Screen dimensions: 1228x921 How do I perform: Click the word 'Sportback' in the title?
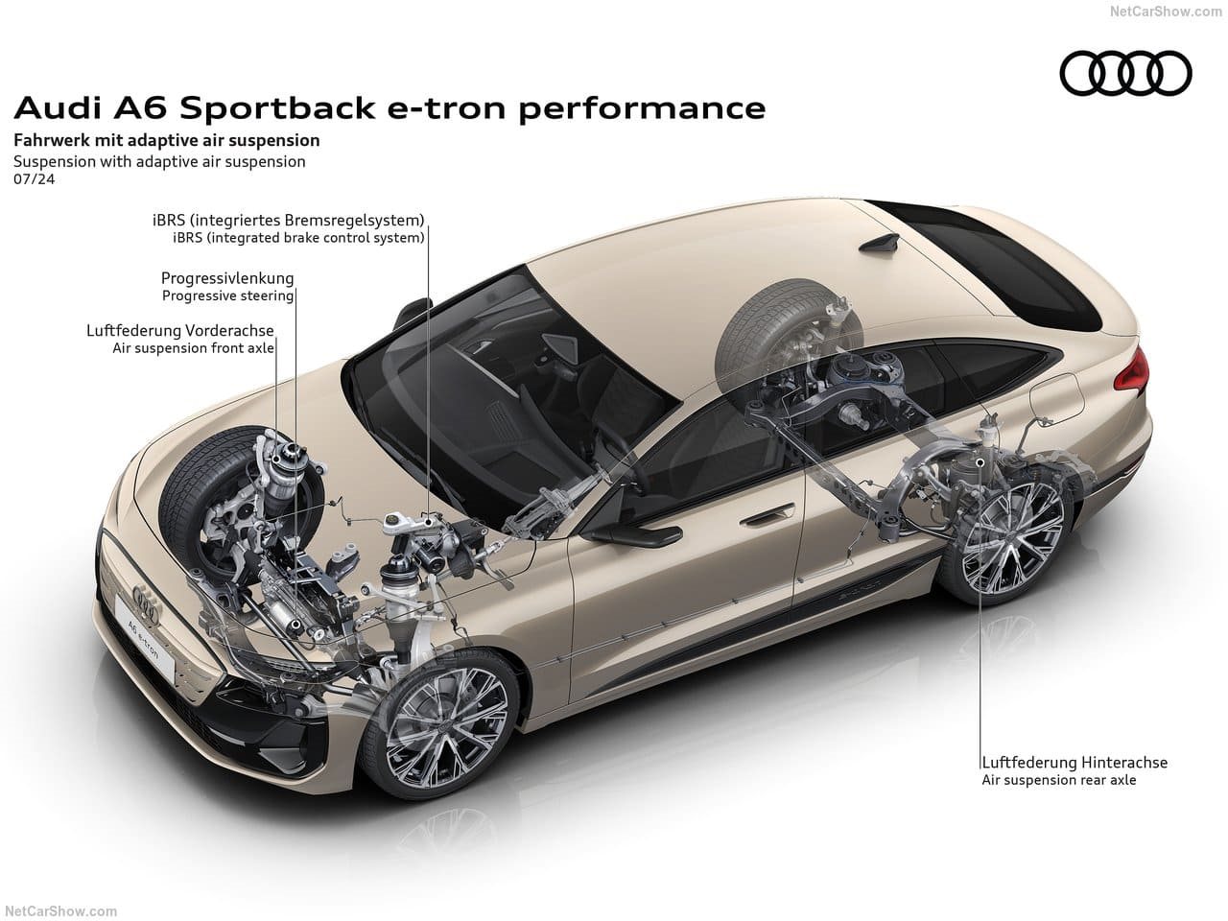point(277,107)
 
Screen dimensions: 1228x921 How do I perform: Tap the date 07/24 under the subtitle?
point(35,179)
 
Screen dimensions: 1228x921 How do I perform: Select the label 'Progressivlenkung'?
point(227,278)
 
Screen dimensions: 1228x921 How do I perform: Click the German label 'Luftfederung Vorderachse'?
point(180,330)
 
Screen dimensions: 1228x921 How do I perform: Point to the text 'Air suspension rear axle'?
point(1058,780)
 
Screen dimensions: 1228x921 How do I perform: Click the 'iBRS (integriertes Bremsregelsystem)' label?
point(288,220)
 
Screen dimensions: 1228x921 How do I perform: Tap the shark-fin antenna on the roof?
point(880,245)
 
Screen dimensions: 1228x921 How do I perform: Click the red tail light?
point(1132,369)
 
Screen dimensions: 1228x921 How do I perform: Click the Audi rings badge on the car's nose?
point(147,604)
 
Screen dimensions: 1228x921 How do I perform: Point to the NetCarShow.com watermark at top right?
point(1166,12)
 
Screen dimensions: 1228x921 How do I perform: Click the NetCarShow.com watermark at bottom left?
point(61,911)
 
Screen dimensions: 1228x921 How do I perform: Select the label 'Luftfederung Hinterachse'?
point(1074,762)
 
